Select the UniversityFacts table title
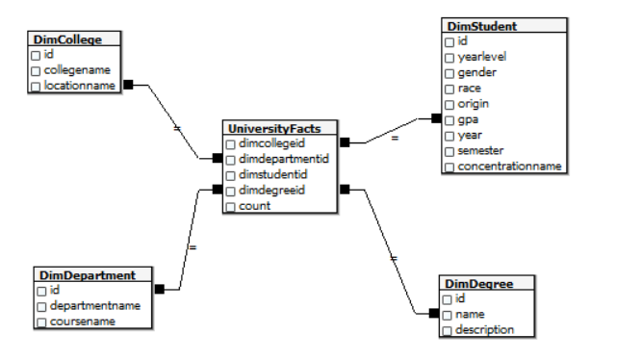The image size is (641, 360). click(x=280, y=128)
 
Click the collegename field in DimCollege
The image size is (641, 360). click(x=76, y=70)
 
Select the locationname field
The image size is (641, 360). click(x=79, y=86)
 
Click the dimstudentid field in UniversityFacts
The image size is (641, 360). click(x=273, y=174)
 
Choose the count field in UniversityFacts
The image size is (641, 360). click(x=254, y=206)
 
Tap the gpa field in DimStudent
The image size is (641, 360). click(x=468, y=119)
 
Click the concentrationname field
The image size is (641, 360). click(x=509, y=167)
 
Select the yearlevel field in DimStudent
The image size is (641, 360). click(x=482, y=57)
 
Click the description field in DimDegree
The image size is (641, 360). click(x=485, y=330)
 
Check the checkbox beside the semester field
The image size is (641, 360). click(x=449, y=151)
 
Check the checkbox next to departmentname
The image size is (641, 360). click(x=41, y=306)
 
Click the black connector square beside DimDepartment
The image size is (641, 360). click(x=160, y=288)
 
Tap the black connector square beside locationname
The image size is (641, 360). click(x=128, y=85)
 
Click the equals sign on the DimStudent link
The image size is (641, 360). click(x=394, y=139)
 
